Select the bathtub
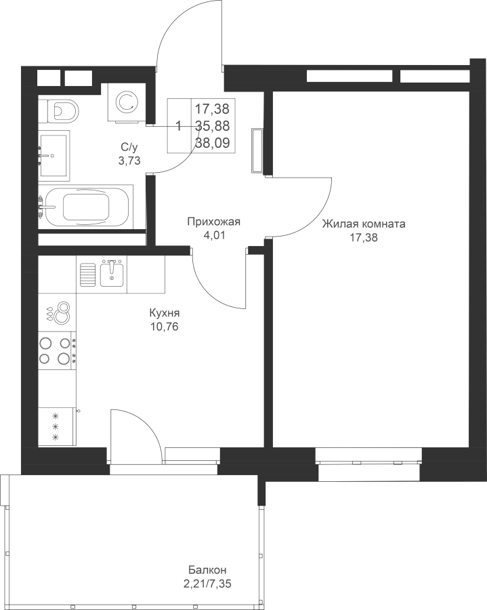[86, 207]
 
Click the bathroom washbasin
[54, 156]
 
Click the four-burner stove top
[57, 351]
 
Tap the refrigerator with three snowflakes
[57, 426]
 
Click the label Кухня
[165, 313]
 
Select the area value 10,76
[165, 327]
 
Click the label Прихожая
[214, 222]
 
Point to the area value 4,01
[214, 235]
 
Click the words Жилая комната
[364, 224]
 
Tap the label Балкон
[207, 570]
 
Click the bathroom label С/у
[129, 147]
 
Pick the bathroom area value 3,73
[129, 161]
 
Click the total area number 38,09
[212, 143]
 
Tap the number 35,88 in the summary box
[212, 125]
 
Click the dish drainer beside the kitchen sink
[88, 274]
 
